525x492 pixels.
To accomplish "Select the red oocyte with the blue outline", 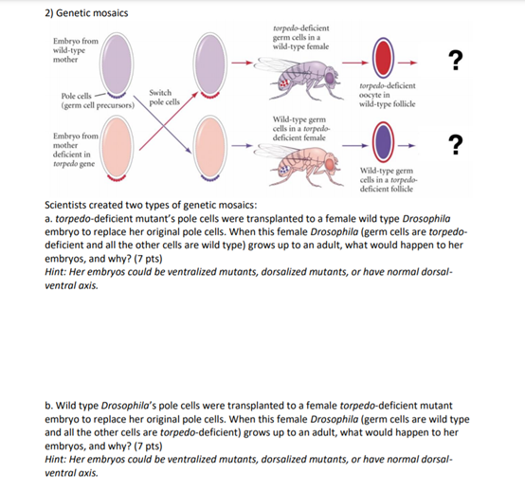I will (x=382, y=59).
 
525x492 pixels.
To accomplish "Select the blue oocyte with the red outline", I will (x=382, y=144).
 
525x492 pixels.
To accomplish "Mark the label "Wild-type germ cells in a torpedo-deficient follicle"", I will (x=391, y=180).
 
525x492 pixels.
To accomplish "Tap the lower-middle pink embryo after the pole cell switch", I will (x=211, y=149).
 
